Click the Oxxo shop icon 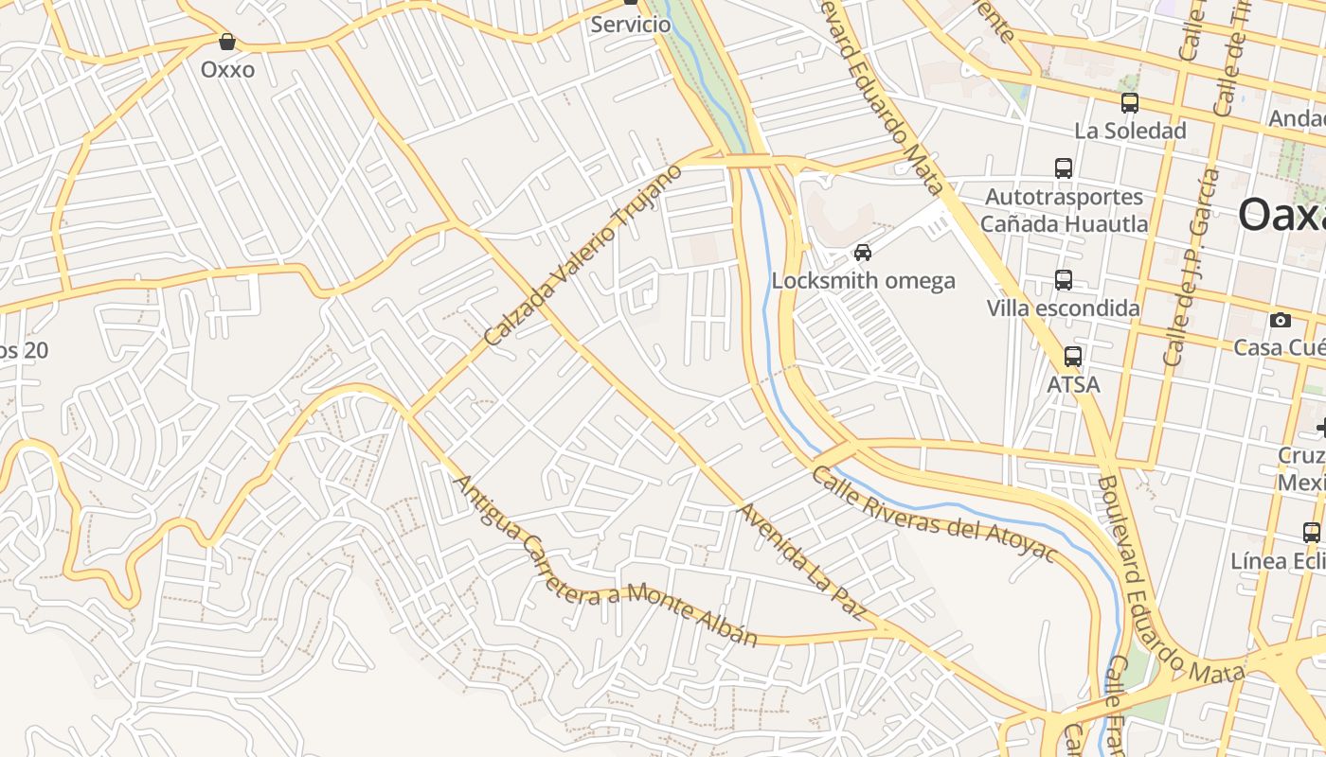tap(227, 42)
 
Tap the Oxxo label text tap(227, 69)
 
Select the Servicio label tap(630, 25)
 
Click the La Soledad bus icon tap(1129, 103)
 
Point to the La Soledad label tap(1130, 131)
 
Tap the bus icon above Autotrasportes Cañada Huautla tap(1064, 168)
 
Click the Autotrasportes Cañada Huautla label tap(1064, 211)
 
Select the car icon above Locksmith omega tap(863, 253)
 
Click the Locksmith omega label tap(863, 281)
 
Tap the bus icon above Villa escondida tap(1064, 280)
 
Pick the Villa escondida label tap(1063, 308)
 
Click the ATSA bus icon tap(1073, 357)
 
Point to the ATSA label tap(1073, 385)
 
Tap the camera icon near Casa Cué tap(1281, 320)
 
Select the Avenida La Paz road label tap(801, 563)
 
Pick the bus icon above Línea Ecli tap(1312, 532)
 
